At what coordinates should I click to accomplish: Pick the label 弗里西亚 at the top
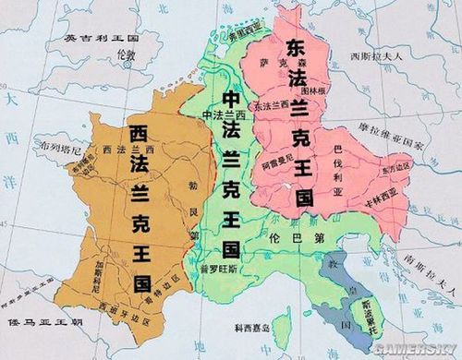click(x=236, y=30)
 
